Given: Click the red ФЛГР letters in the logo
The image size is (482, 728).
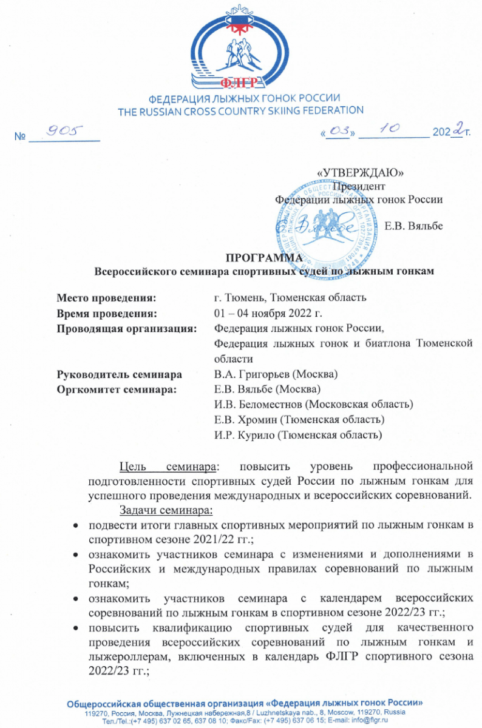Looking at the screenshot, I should pyautogui.click(x=240, y=84).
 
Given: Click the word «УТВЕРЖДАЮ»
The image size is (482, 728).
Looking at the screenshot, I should pyautogui.click(x=361, y=172).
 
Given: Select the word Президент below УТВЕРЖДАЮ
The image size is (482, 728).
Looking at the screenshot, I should pyautogui.click(x=362, y=186).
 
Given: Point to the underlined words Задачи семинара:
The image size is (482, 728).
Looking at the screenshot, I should pyautogui.click(x=167, y=508).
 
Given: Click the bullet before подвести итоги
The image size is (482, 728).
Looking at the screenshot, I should pyautogui.click(x=75, y=524).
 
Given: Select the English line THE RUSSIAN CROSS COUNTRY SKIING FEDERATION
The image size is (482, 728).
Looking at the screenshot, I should pyautogui.click(x=240, y=110).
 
